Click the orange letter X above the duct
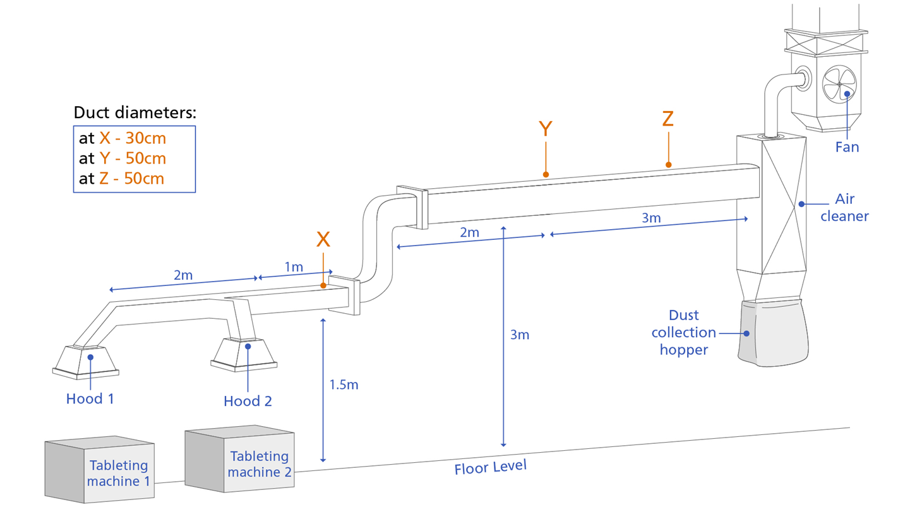[x=323, y=239]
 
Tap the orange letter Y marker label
[x=545, y=129]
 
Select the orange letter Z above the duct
[x=668, y=119]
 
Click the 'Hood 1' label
[x=90, y=399]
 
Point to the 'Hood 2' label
[x=248, y=401]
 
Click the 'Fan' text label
[x=847, y=147]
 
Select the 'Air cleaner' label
[x=844, y=207]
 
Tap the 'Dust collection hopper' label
[x=683, y=332]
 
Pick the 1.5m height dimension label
[x=344, y=385]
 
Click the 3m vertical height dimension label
[x=520, y=335]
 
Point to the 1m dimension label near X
[x=294, y=267]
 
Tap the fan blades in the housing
[x=839, y=84]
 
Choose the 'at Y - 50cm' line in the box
[x=123, y=158]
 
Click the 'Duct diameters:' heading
[x=135, y=112]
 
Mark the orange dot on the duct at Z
[x=668, y=165]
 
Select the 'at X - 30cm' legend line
[x=123, y=138]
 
